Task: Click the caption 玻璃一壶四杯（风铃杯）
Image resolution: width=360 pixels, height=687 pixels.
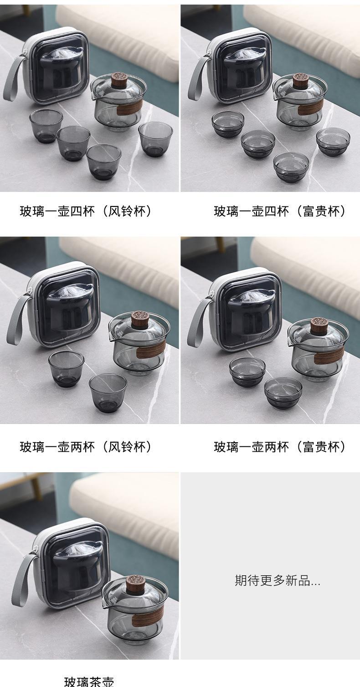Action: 86,212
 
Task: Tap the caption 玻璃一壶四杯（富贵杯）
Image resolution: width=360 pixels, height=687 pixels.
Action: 280,212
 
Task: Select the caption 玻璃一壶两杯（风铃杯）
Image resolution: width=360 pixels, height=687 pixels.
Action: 86,447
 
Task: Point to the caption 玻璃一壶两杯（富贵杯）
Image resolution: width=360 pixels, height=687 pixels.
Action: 280,447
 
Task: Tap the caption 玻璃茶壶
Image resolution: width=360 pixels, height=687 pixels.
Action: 89,682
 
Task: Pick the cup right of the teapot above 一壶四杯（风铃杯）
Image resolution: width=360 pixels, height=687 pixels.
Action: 155,139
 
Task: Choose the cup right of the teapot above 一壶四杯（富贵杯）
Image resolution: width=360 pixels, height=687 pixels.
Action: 333,142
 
